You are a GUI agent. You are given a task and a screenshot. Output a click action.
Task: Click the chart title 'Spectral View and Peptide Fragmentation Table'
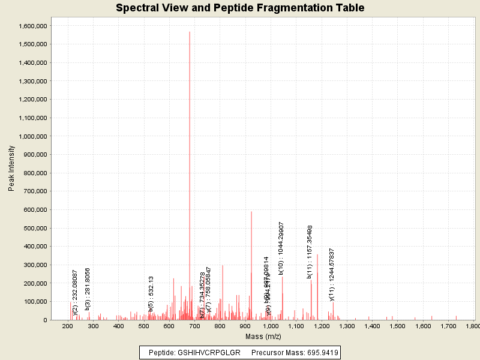[x=240, y=8]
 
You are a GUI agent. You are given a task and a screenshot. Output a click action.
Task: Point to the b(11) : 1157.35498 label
[x=310, y=251]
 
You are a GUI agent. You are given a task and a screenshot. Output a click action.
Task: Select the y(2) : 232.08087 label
[x=75, y=292]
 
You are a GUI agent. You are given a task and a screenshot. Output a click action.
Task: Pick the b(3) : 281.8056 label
[x=88, y=289]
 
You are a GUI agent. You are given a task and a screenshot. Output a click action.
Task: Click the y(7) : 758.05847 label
[x=209, y=290]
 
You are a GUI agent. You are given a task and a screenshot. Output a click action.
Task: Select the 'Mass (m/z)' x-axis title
[x=264, y=336]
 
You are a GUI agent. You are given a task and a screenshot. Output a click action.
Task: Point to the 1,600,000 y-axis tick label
[x=34, y=26]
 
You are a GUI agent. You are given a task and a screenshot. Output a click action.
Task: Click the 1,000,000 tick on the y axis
[x=34, y=136]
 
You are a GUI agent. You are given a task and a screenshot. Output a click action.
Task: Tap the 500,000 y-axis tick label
[x=37, y=228]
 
